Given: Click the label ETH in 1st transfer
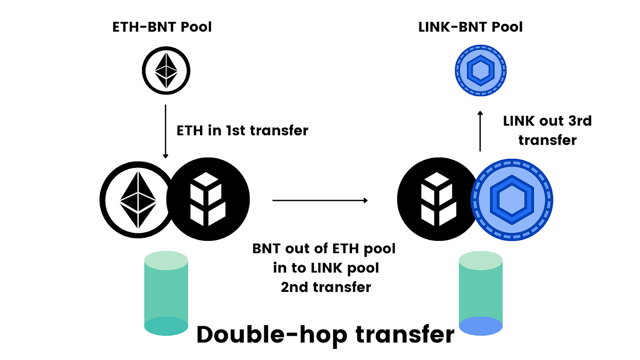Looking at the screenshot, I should click(x=242, y=131).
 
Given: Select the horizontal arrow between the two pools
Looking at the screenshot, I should click(x=320, y=200).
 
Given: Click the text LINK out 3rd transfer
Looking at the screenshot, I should click(x=547, y=131).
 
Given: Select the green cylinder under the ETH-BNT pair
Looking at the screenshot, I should click(x=167, y=295).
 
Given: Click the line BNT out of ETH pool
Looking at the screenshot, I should click(x=324, y=249).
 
